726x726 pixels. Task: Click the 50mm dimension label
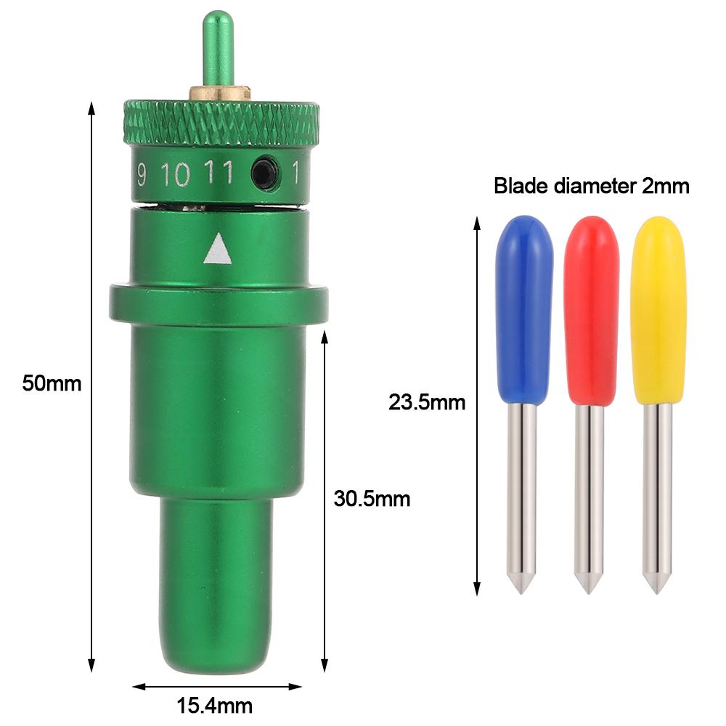tap(52, 383)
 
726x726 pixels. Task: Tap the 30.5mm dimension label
tap(372, 499)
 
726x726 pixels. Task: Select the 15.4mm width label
tap(215, 706)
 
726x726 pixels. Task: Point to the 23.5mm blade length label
tap(426, 402)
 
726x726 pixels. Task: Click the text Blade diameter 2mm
tap(591, 186)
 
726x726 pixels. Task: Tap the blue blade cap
tap(524, 310)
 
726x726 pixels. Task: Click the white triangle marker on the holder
tap(217, 250)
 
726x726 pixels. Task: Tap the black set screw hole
tap(265, 174)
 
